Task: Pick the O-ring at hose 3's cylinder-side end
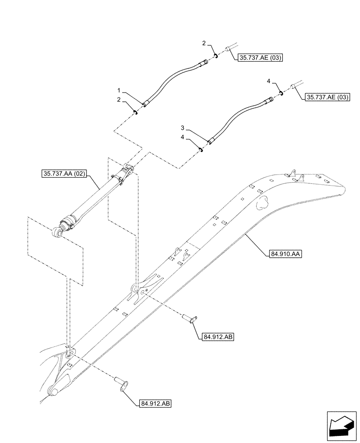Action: [x=201, y=149]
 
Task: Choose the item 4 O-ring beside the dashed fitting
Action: [x=282, y=93]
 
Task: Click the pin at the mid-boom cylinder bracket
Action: [x=189, y=319]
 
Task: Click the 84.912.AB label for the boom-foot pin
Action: [x=153, y=403]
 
